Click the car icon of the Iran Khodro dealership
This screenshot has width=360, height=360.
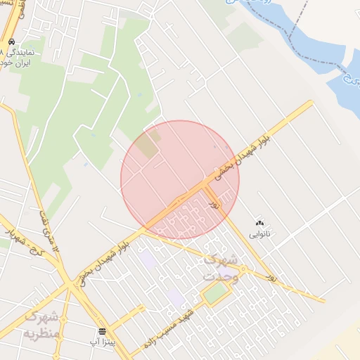11,41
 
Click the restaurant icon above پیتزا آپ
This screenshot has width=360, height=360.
103,330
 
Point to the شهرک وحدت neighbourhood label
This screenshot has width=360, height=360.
220,268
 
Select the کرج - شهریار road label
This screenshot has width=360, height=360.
20,243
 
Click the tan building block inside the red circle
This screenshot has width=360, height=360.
148,146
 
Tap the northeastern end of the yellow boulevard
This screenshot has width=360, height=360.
310,103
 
